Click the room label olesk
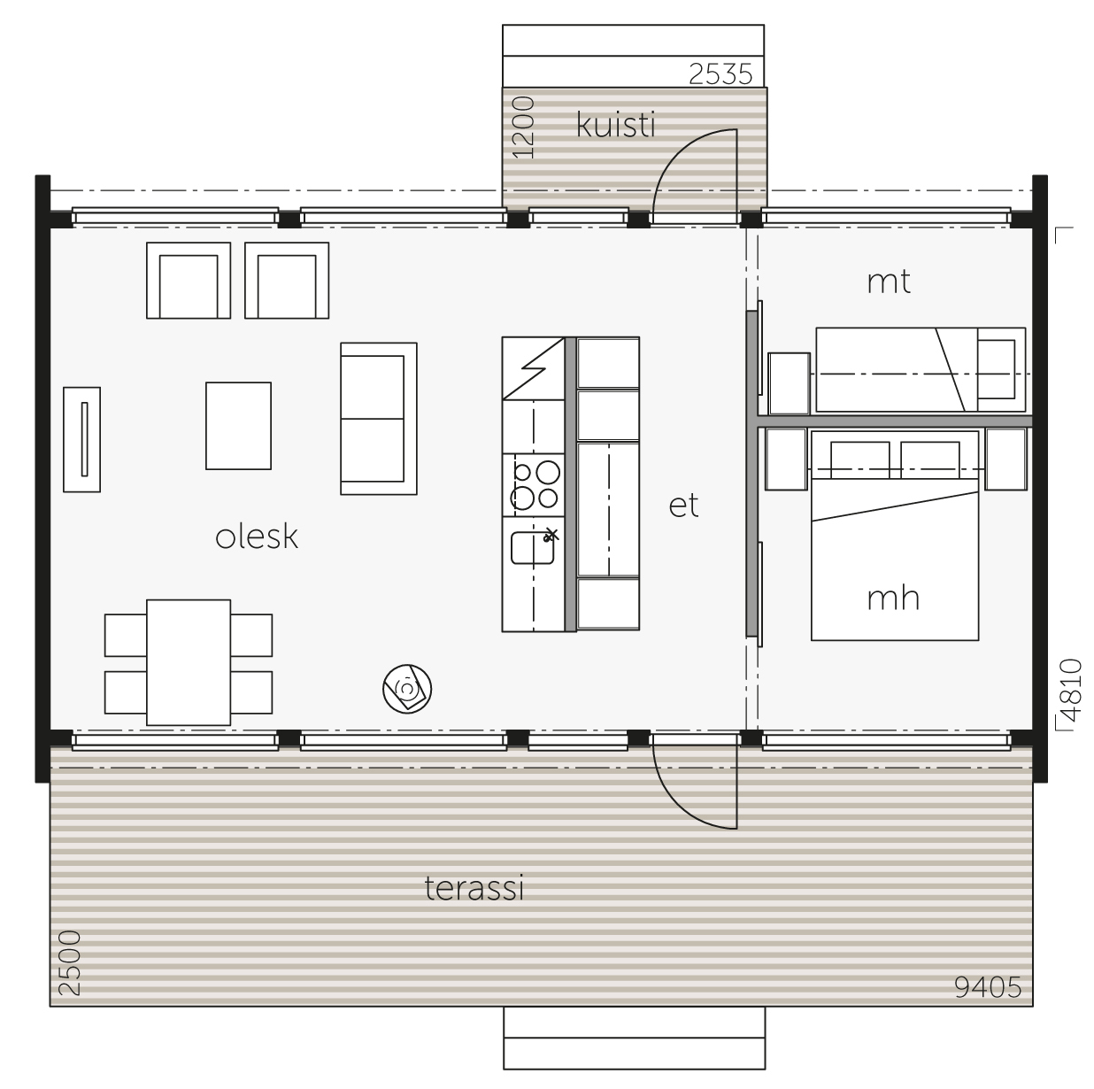(x=257, y=537)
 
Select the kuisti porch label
(x=615, y=125)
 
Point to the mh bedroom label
(x=893, y=599)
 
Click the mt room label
(x=889, y=282)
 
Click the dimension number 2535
(x=720, y=73)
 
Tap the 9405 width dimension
(x=988, y=987)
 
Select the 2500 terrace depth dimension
(x=69, y=963)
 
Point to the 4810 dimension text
(x=1071, y=690)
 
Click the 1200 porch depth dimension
(x=523, y=127)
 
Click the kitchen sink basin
(x=533, y=548)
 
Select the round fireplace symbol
(x=407, y=689)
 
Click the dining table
(x=189, y=662)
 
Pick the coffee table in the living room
(x=238, y=426)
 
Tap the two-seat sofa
(x=379, y=419)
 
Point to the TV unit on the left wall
(x=81, y=440)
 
